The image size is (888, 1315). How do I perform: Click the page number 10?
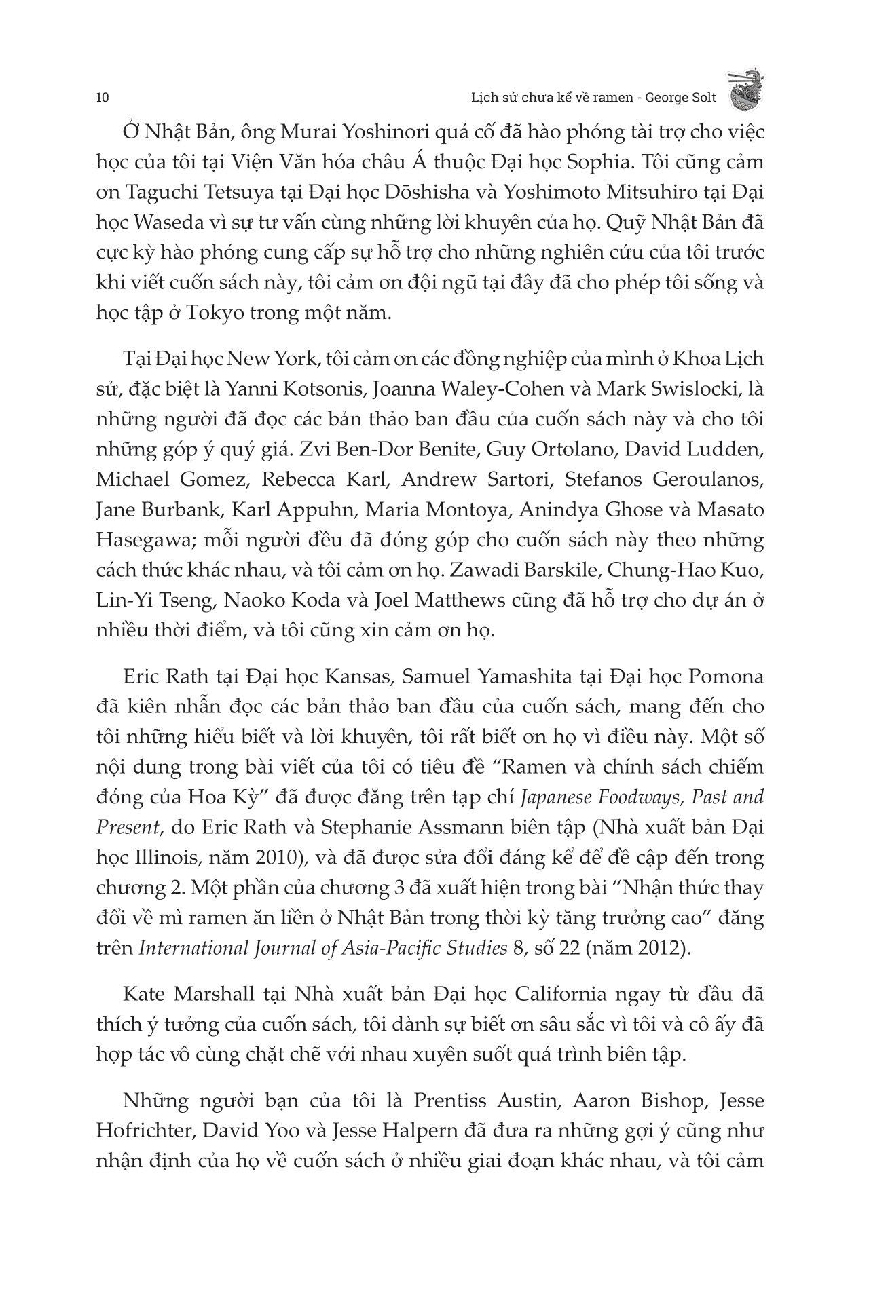(x=103, y=97)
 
